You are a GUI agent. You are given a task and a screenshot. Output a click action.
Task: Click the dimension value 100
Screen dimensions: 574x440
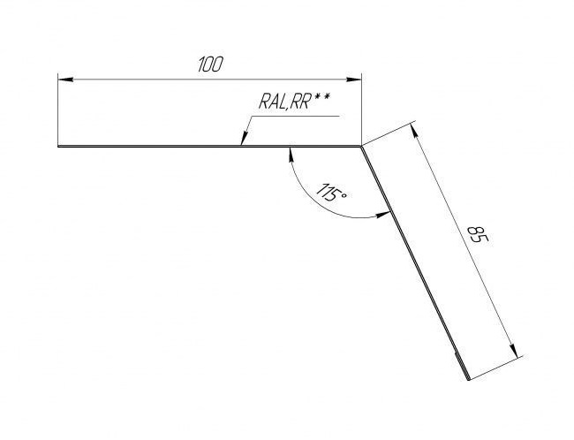(x=210, y=64)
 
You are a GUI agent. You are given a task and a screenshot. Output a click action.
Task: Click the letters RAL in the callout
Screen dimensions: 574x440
(x=272, y=102)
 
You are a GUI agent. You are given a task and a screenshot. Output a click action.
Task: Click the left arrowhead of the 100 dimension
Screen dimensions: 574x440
(x=65, y=80)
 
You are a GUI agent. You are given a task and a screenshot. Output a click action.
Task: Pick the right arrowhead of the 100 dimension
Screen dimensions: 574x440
(x=354, y=80)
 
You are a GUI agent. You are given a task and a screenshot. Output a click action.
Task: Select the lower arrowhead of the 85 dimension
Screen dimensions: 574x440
(x=514, y=350)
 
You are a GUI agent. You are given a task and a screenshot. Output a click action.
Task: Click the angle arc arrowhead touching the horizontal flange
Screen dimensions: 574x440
(x=291, y=154)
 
